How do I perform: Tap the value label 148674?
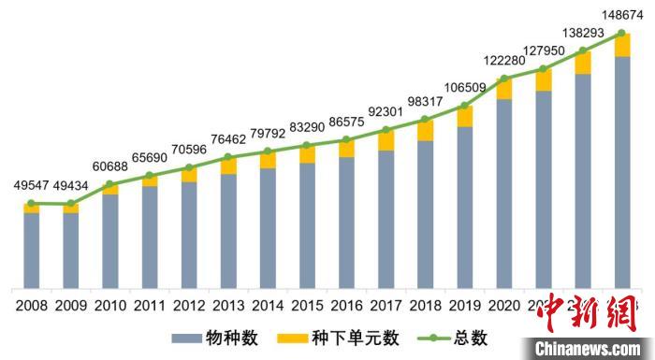[x=620, y=13]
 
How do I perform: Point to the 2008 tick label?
[x=31, y=304]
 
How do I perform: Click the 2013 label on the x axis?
[x=227, y=304]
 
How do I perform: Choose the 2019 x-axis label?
[x=463, y=304]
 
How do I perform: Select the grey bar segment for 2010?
[x=109, y=241]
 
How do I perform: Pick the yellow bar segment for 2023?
[x=620, y=45]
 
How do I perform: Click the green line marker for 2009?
[x=70, y=204]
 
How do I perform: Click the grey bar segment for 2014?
[x=267, y=228]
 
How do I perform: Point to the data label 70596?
[x=188, y=148]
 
